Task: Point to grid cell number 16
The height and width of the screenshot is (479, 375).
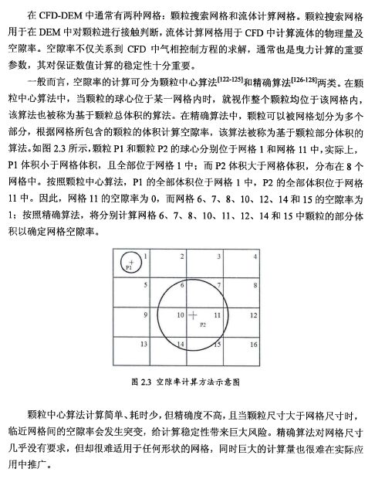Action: click(253, 342)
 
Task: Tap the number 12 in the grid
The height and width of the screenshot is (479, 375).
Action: click(253, 314)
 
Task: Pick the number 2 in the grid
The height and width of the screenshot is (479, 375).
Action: click(183, 256)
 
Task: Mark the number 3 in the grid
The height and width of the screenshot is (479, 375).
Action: click(219, 256)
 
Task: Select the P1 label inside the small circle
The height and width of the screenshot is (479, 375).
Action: click(130, 268)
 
